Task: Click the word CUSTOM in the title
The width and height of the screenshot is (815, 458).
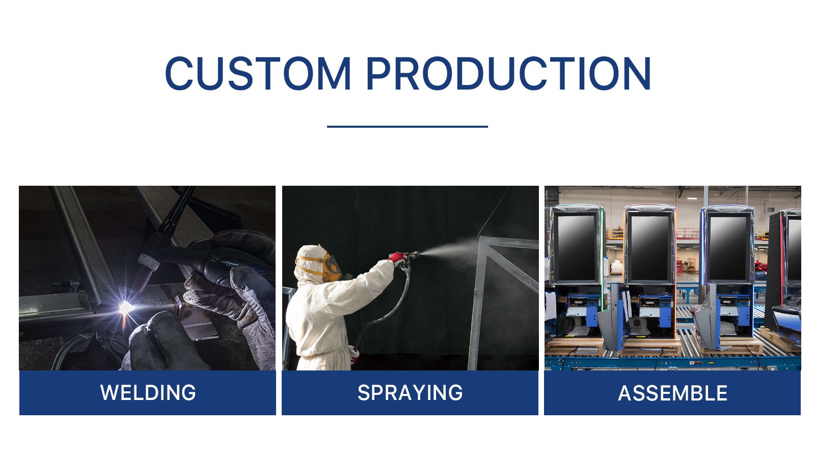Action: [x=258, y=73]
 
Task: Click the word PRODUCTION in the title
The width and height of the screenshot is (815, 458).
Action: [x=508, y=73]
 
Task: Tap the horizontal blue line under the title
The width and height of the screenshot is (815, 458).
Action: [x=407, y=127]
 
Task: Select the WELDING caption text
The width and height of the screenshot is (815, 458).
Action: [x=148, y=392]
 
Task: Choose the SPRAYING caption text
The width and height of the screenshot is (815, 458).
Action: [x=410, y=392]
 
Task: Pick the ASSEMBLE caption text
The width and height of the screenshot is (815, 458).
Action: [x=673, y=393]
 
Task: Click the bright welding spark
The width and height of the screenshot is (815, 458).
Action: [x=126, y=307]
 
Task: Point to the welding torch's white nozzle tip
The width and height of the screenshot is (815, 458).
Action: [x=148, y=262]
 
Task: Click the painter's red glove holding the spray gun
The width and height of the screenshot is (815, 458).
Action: [x=397, y=258]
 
